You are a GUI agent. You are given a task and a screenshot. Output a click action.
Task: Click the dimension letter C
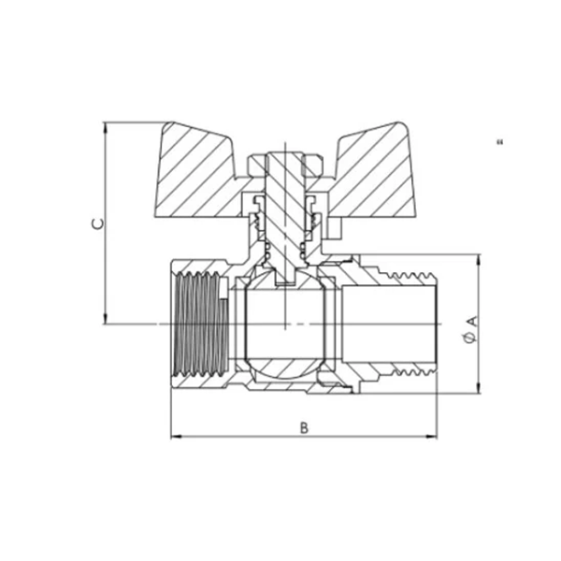pyautogui.click(x=96, y=223)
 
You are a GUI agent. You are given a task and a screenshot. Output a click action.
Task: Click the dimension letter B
pyautogui.click(x=303, y=427)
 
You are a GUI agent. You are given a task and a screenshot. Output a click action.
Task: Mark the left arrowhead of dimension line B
pyautogui.click(x=174, y=437)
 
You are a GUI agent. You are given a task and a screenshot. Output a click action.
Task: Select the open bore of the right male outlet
pyautogui.click(x=388, y=324)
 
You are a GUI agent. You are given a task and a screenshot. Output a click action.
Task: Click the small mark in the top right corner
pyautogui.click(x=500, y=142)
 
